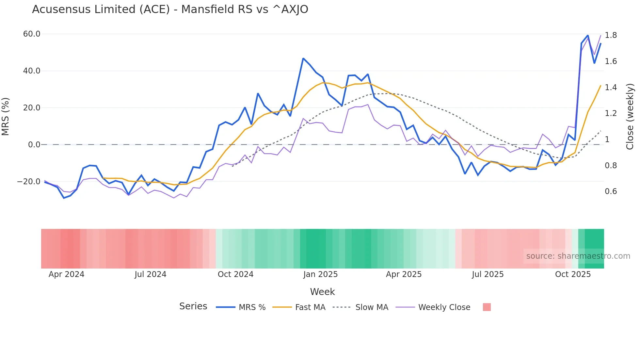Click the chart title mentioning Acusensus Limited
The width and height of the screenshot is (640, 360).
click(170, 9)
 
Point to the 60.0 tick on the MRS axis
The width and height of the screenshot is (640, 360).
click(32, 34)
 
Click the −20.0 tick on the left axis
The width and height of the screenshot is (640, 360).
click(29, 181)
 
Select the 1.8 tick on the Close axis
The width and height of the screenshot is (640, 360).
click(611, 35)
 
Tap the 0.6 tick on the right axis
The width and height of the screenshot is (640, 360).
click(611, 191)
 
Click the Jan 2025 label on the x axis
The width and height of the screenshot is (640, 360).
click(320, 274)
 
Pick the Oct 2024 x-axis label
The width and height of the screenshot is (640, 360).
click(235, 274)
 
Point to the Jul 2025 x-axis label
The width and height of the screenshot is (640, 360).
click(488, 274)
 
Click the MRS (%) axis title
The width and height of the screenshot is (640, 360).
click(5, 117)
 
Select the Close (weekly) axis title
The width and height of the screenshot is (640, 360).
click(630, 117)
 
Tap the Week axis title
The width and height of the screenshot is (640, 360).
click(322, 292)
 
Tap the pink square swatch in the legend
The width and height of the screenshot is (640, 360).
click(487, 307)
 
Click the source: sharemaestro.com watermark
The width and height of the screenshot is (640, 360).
click(578, 256)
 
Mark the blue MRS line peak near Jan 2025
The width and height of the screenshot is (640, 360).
click(303, 58)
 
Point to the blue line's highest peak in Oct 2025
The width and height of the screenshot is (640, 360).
click(588, 35)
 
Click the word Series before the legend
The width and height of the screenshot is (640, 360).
click(193, 306)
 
